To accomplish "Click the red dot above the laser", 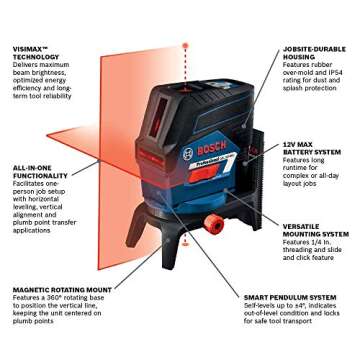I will [x=184, y=45].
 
